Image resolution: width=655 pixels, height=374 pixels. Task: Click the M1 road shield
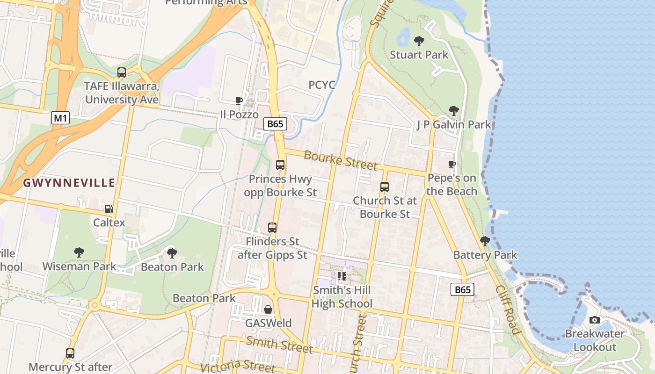[x=60, y=118]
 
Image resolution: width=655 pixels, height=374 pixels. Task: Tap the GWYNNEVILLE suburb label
[x=69, y=183]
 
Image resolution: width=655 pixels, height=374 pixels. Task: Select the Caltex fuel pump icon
[x=109, y=209]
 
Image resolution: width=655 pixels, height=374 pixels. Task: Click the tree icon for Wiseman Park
[x=79, y=252]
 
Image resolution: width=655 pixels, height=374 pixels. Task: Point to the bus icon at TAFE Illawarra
[x=122, y=72]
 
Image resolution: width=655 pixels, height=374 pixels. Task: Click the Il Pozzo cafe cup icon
[x=239, y=101]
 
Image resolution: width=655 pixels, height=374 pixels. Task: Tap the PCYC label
[x=322, y=85]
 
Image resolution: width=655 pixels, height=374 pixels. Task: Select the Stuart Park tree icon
[x=419, y=41]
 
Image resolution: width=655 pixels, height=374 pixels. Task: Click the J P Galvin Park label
[x=454, y=124]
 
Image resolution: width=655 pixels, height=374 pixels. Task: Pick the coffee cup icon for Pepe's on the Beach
[x=452, y=164]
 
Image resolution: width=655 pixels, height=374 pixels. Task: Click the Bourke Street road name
[x=340, y=160]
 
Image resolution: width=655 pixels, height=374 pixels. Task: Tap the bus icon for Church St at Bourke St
[x=385, y=187]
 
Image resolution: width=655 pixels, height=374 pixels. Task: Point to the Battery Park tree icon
[x=485, y=241]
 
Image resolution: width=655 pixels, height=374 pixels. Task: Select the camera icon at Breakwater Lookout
[x=595, y=320]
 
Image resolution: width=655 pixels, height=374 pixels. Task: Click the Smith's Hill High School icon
[x=342, y=277]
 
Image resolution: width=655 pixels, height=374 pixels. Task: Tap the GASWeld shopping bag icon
[x=268, y=309]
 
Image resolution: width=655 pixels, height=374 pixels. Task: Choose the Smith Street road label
[x=279, y=345]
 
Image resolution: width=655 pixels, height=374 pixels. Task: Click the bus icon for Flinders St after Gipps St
[x=272, y=228]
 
